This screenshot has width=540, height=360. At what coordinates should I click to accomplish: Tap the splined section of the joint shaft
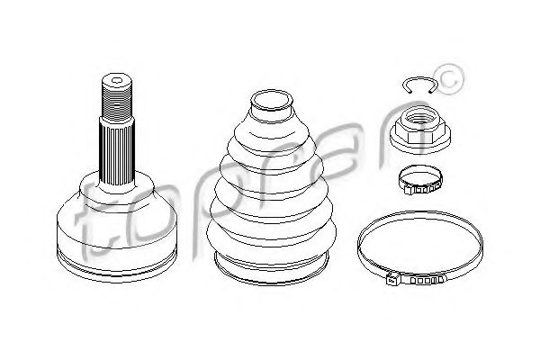[117, 153]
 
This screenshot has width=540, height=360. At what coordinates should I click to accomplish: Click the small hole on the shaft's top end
[117, 82]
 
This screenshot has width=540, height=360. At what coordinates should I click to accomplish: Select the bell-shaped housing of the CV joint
[117, 228]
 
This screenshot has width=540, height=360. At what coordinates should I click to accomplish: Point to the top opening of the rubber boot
[272, 101]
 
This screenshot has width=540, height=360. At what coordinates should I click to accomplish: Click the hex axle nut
[420, 130]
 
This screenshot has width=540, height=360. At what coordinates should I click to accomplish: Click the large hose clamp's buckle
[392, 278]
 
